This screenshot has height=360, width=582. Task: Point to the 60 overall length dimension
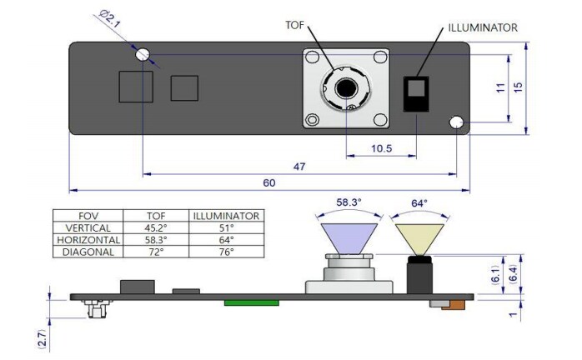tap(270, 182)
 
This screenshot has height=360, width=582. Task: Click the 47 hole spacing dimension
tap(299, 167)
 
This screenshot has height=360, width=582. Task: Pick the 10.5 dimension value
tap(382, 148)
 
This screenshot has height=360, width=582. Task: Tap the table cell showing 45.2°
tap(157, 227)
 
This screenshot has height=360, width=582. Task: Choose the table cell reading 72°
tap(157, 251)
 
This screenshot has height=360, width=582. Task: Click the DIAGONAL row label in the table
tap(88, 251)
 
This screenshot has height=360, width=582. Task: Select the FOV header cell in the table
tap(88, 215)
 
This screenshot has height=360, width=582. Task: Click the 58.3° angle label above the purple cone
tap(350, 202)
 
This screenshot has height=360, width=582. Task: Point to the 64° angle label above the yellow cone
tap(419, 202)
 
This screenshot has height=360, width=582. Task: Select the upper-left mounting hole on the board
tap(144, 53)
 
